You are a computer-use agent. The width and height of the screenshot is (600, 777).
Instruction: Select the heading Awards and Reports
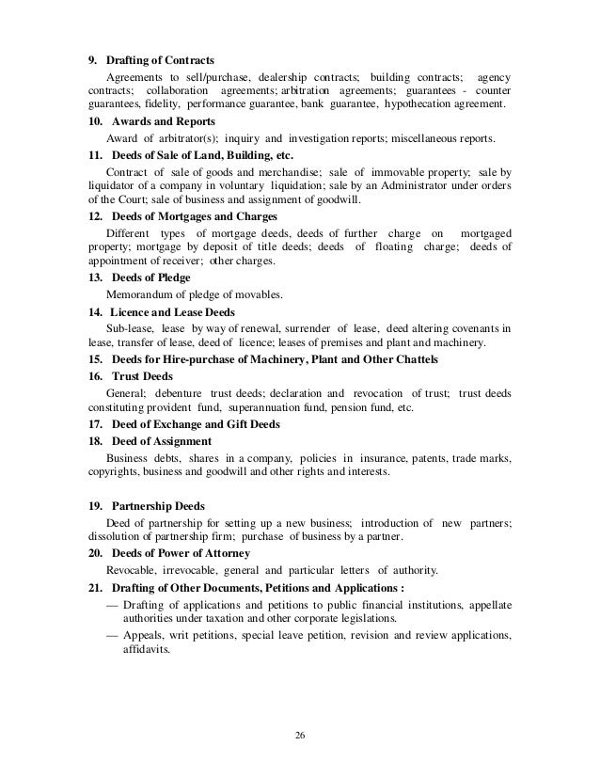(163, 122)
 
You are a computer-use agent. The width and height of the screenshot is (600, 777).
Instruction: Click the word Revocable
(134, 571)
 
